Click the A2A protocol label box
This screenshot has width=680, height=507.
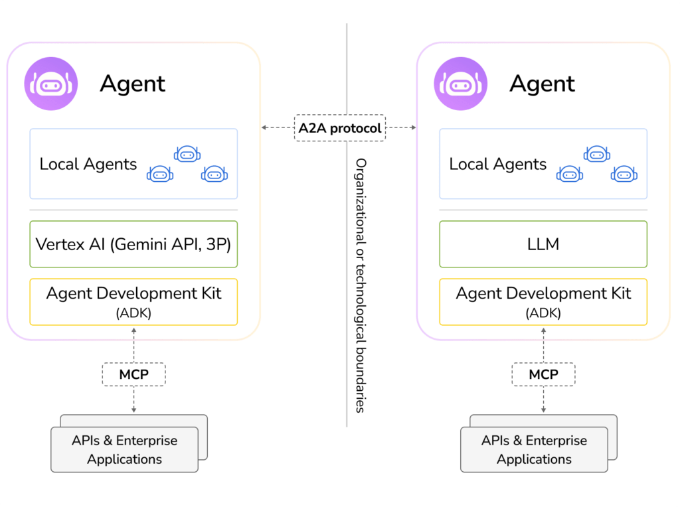click(x=339, y=127)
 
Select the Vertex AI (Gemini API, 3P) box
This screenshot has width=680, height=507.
click(x=133, y=244)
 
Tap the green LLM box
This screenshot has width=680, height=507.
click(x=543, y=244)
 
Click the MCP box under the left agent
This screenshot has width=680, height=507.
click(x=133, y=374)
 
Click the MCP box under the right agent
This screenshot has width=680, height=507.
click(x=543, y=374)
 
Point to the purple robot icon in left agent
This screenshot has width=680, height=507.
click(x=51, y=84)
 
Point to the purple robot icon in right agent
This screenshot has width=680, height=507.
click(x=461, y=84)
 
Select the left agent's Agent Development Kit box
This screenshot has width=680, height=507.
click(x=133, y=302)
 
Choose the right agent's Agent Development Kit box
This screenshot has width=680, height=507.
click(x=543, y=302)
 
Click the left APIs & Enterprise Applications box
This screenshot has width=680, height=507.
click(x=125, y=449)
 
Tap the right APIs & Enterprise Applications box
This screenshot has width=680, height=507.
click(x=535, y=449)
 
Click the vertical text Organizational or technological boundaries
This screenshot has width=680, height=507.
click(x=361, y=285)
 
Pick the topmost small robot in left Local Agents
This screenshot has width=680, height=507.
click(x=187, y=154)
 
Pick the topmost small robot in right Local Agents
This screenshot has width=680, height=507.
click(x=597, y=154)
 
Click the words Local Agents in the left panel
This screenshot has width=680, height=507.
click(x=88, y=164)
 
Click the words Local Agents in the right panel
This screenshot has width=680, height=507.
click(x=498, y=164)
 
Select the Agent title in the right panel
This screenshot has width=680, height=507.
click(x=543, y=84)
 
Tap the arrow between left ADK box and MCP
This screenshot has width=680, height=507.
click(x=133, y=344)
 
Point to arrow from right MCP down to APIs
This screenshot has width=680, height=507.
click(x=543, y=399)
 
